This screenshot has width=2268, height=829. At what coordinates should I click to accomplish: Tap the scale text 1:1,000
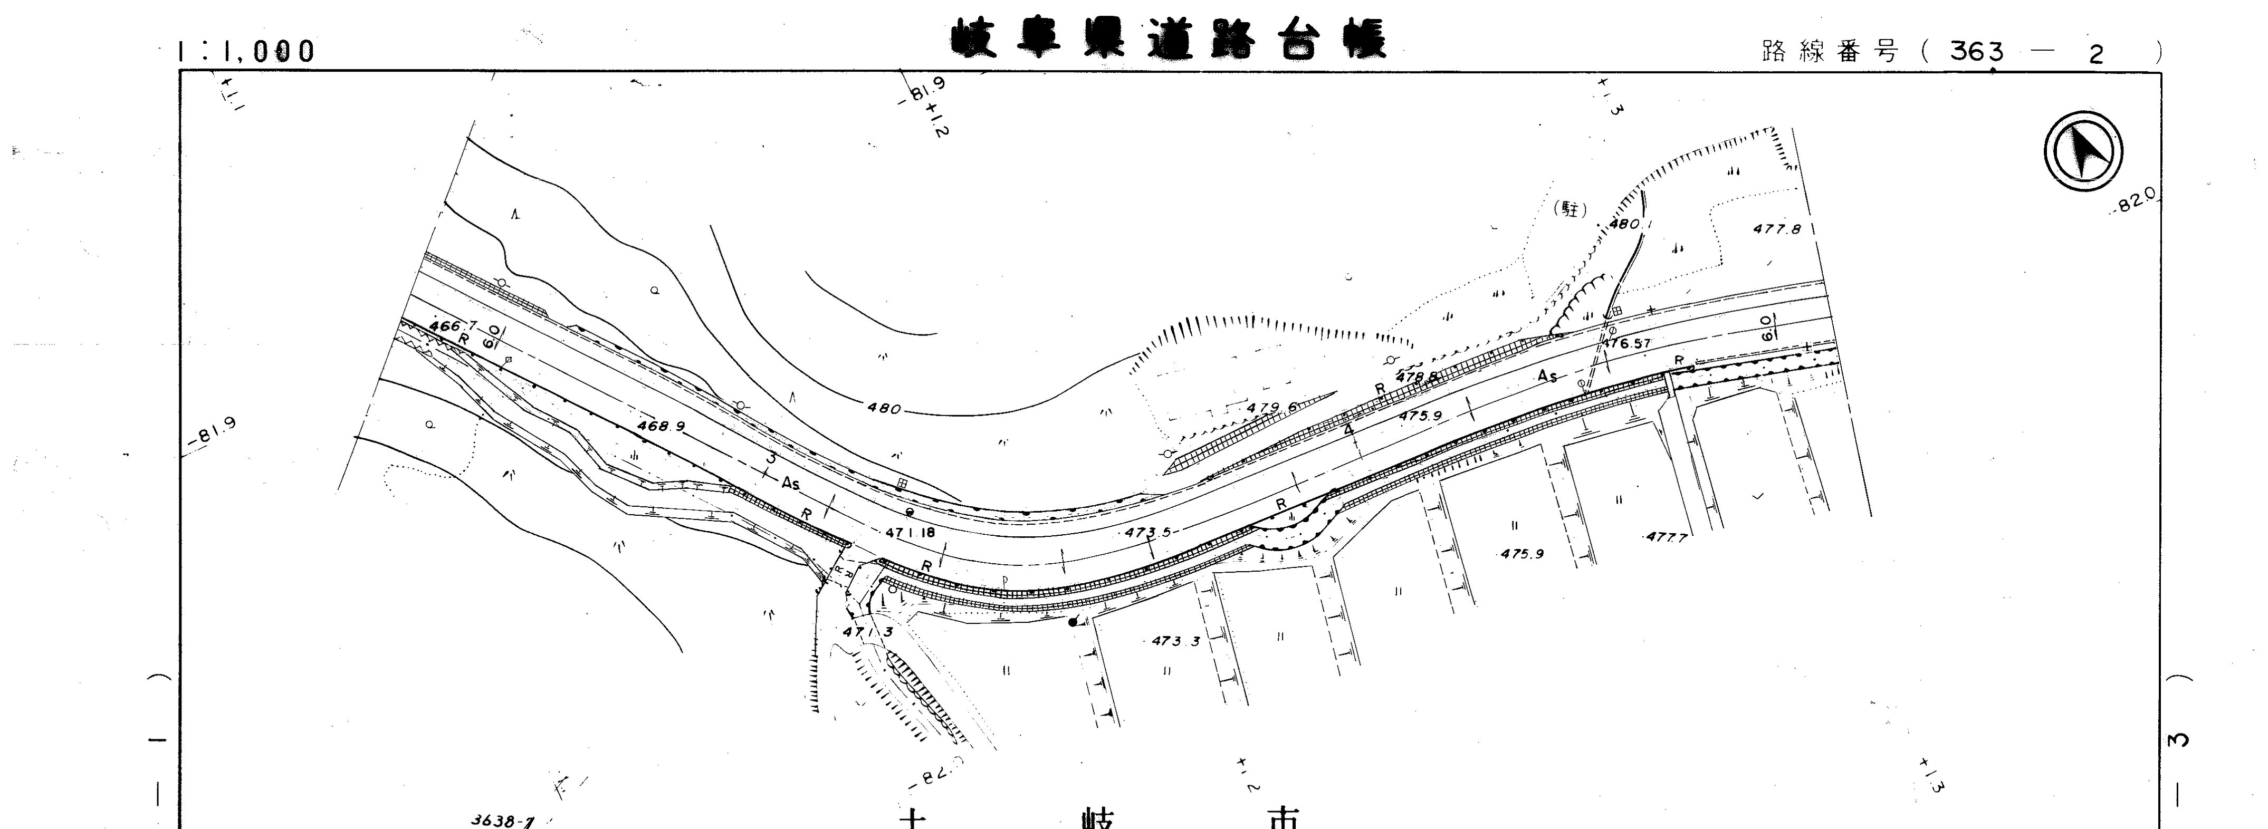(246, 52)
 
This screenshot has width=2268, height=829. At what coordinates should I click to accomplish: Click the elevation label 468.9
(661, 426)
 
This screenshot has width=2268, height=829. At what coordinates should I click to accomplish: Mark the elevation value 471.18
(911, 533)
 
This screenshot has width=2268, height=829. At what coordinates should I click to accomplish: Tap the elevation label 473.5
(1148, 533)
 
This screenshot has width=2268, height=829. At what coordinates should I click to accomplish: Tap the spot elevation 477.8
(1777, 229)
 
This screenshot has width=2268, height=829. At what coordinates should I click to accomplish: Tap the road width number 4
(1348, 430)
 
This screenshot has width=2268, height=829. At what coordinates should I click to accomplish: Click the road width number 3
(771, 458)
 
